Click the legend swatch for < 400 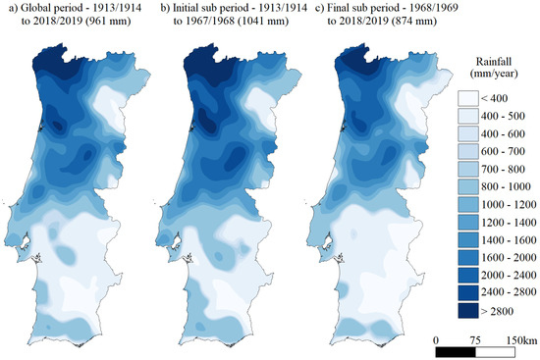pyautogui.click(x=475, y=99)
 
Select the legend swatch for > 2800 pyautogui.click(x=475, y=311)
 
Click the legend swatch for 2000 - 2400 pyautogui.click(x=475, y=276)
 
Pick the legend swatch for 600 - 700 pyautogui.click(x=475, y=152)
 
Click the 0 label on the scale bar pyautogui.click(x=436, y=337)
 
